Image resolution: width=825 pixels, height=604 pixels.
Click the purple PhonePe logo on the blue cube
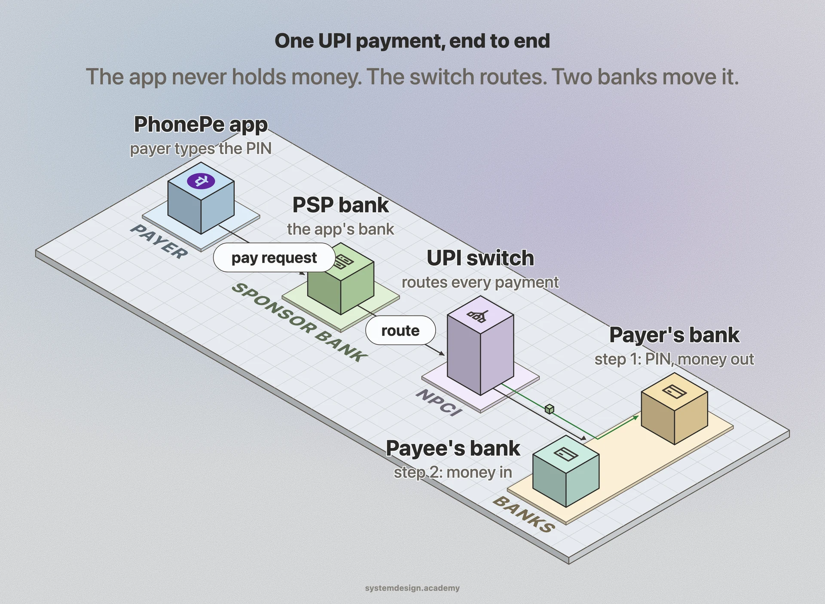pyautogui.click(x=201, y=181)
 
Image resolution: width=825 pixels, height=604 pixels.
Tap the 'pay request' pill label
pyautogui.click(x=274, y=258)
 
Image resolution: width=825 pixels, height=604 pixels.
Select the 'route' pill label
pyautogui.click(x=400, y=331)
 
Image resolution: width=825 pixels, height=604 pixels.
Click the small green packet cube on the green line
pyautogui.click(x=549, y=409)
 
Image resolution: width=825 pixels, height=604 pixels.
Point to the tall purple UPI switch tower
pyautogui.click(x=480, y=345)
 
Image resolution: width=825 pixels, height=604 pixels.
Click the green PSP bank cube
pyautogui.click(x=341, y=279)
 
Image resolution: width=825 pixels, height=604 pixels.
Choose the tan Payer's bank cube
pyautogui.click(x=674, y=408)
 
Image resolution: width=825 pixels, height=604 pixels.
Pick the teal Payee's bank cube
pyautogui.click(x=566, y=471)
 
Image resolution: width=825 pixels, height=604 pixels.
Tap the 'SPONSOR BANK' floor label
pyautogui.click(x=299, y=322)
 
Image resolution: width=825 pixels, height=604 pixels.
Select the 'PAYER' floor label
pyautogui.click(x=159, y=241)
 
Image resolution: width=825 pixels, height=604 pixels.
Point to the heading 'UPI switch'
pyautogui.click(x=480, y=258)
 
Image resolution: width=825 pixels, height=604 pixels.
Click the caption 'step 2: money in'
pyautogui.click(x=453, y=472)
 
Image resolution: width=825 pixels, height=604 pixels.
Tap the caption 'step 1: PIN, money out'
pyautogui.click(x=674, y=359)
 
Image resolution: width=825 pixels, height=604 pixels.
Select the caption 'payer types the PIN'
pyautogui.click(x=201, y=149)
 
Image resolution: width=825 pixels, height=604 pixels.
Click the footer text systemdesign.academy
pyautogui.click(x=412, y=588)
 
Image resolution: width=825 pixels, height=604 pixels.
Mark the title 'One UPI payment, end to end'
pyautogui.click(x=412, y=41)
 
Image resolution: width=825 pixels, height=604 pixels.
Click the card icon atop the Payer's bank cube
pyautogui.click(x=674, y=392)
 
